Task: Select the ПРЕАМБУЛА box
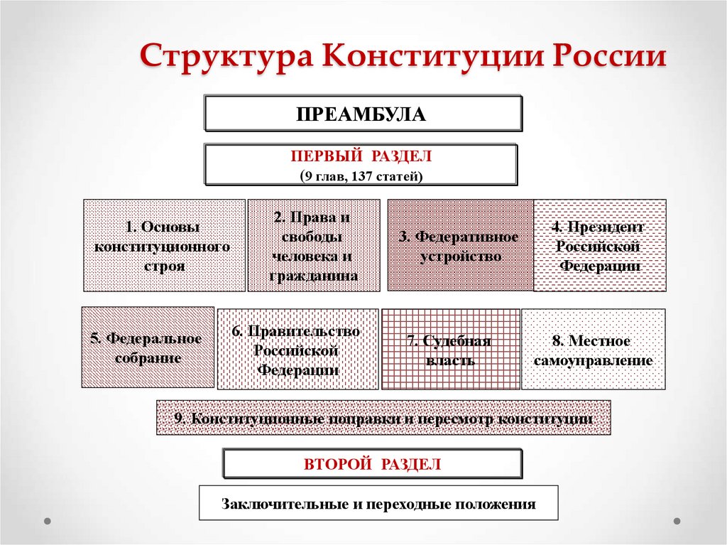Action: point(363,114)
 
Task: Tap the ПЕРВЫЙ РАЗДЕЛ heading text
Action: point(361,156)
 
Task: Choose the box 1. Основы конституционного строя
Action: point(164,246)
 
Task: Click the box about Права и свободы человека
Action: point(313,246)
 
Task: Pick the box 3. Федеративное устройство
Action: point(459,245)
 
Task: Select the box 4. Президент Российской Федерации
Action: point(599,246)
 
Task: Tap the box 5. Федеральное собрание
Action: point(148,347)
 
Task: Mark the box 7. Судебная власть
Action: point(449,350)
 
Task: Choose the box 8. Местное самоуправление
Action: point(593,350)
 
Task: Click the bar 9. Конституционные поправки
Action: point(383,418)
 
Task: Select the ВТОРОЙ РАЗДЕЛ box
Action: point(373,464)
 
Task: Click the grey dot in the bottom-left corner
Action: point(48,521)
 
